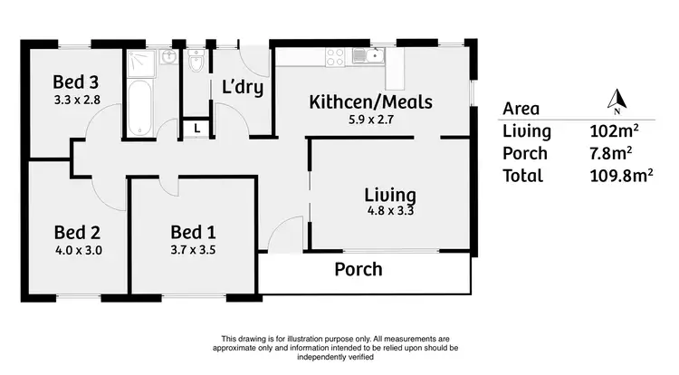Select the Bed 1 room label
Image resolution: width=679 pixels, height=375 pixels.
[x=192, y=232]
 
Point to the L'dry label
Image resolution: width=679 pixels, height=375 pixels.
[x=243, y=87]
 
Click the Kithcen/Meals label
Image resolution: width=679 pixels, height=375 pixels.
[x=371, y=101]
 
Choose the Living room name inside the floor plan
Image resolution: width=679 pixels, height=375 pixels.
[x=390, y=195]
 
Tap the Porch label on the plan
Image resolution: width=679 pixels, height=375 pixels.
[x=359, y=269]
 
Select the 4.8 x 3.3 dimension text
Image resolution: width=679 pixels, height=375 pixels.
[x=390, y=211]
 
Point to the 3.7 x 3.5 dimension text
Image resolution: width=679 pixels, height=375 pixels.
[x=192, y=249]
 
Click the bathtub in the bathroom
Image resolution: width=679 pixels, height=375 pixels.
[x=139, y=108]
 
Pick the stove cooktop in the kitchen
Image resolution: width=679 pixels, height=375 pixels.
[x=334, y=56]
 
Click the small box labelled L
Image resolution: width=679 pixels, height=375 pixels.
[x=197, y=129]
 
